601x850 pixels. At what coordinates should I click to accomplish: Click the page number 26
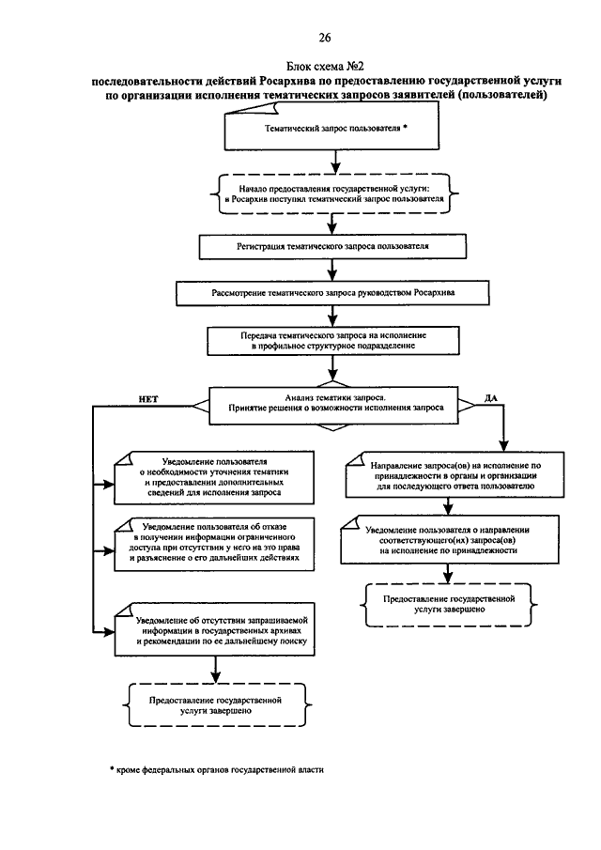coord(325,38)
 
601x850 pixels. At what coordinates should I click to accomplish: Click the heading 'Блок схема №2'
coord(325,66)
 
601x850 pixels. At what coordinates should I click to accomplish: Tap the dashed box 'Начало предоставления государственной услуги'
coord(334,193)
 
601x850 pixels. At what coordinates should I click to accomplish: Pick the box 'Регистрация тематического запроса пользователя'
coord(332,246)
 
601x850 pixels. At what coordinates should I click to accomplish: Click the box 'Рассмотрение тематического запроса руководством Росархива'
coord(332,293)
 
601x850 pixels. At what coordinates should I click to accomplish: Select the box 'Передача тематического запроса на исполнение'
coord(333,340)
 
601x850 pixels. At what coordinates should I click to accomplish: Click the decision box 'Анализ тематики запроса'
coord(333,406)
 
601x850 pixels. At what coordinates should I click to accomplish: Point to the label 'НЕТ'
coord(148,399)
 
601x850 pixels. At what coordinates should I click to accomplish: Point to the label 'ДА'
coord(490,398)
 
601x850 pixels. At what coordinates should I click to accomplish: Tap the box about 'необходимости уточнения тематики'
coord(214,477)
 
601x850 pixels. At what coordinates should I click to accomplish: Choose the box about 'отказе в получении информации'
coord(214,544)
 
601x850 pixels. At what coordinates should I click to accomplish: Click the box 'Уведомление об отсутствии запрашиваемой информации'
coord(215,629)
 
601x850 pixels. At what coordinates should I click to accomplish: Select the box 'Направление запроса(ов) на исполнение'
coord(455,475)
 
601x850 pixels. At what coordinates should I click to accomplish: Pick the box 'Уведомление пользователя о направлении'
coord(450,539)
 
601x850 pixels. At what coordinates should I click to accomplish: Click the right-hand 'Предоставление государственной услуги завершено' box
coord(449,605)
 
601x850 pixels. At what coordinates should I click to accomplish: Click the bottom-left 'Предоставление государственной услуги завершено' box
coord(217,704)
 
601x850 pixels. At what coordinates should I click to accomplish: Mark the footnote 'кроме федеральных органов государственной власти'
coord(217,769)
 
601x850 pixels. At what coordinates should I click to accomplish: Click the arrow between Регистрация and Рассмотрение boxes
coord(332,270)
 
